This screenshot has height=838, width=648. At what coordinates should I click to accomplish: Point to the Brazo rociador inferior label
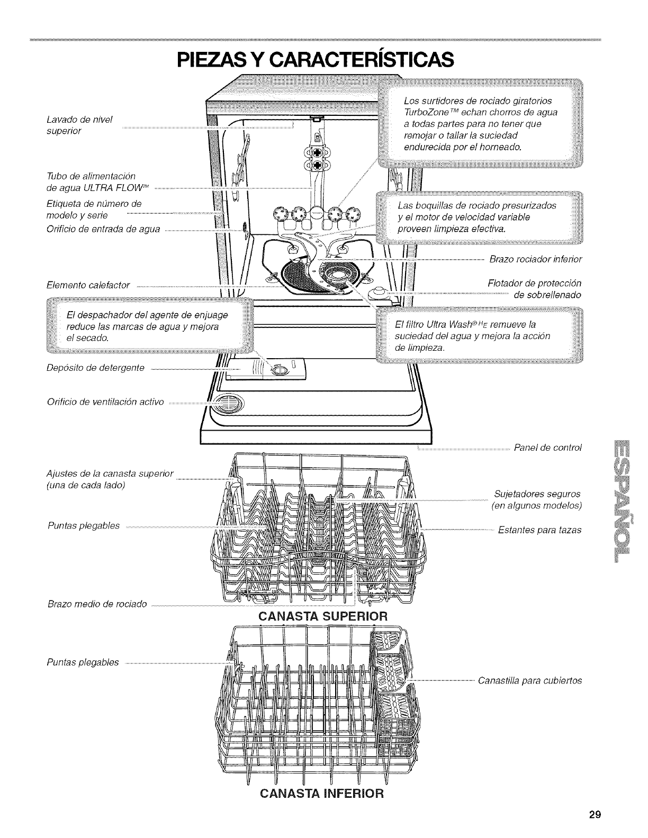[535, 259]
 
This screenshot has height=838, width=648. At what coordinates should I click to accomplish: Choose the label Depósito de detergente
[95, 368]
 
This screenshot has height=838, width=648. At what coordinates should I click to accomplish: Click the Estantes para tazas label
[539, 530]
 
